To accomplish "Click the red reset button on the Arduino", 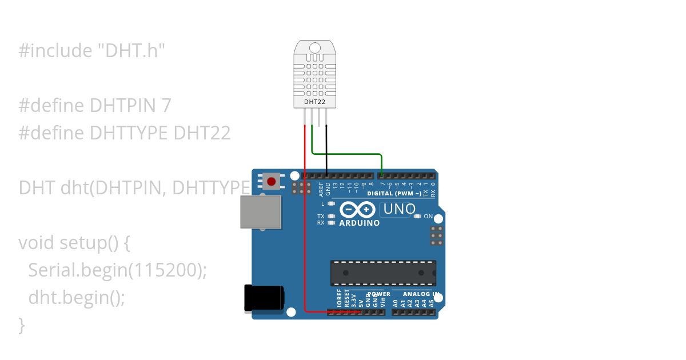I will pyautogui.click(x=271, y=182).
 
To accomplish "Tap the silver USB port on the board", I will pyautogui.click(x=261, y=213).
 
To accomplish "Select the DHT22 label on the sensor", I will pyautogui.click(x=312, y=102).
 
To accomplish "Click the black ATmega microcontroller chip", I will pyautogui.click(x=383, y=273).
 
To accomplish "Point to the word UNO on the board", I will pyautogui.click(x=400, y=209).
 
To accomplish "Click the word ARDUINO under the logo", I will pyautogui.click(x=359, y=223).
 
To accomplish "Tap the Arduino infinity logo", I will pyautogui.click(x=358, y=209).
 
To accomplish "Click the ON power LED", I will pyautogui.click(x=418, y=217).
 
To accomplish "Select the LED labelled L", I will pyautogui.click(x=331, y=203).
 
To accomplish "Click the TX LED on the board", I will pyautogui.click(x=331, y=217).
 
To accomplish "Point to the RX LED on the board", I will pyautogui.click(x=331, y=223).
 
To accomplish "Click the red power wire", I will pyautogui.click(x=305, y=229).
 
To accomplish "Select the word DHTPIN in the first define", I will pyautogui.click(x=123, y=106).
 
